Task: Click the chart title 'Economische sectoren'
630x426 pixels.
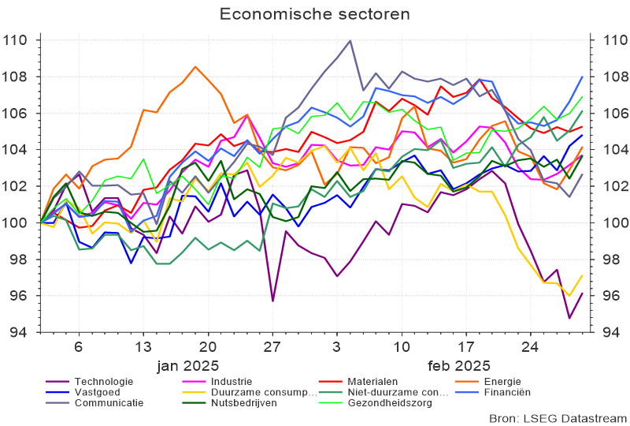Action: (314, 14)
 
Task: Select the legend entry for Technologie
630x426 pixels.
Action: (102, 381)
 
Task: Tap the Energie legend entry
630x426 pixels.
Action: (504, 381)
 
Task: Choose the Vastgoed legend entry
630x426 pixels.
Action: (98, 391)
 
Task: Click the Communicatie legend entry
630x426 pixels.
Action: (109, 402)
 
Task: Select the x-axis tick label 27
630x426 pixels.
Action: (272, 347)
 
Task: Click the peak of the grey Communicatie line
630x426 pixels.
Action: (350, 40)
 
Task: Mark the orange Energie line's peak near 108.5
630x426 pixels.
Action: (195, 66)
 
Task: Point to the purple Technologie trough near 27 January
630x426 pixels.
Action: (272, 301)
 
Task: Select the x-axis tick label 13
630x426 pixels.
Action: (143, 347)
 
